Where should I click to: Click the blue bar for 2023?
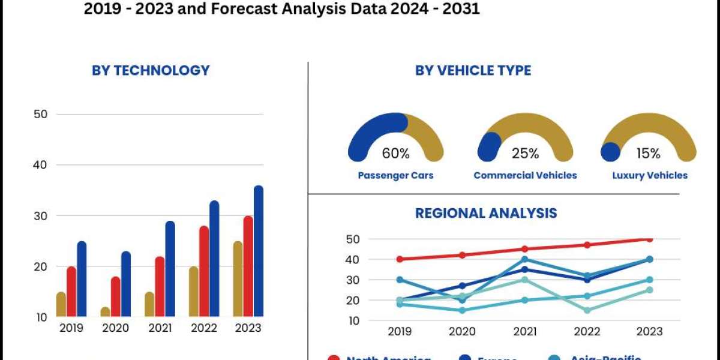(x=258, y=252)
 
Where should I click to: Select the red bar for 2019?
(x=71, y=292)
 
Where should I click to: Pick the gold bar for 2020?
(x=105, y=312)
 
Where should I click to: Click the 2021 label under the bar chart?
(x=160, y=328)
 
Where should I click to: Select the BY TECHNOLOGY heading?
(x=151, y=70)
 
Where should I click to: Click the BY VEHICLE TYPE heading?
(x=473, y=70)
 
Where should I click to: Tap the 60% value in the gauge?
(x=396, y=154)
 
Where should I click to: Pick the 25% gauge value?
(x=525, y=154)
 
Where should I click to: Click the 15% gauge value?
(x=648, y=154)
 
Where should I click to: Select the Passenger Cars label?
(x=395, y=175)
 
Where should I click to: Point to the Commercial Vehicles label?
(x=525, y=175)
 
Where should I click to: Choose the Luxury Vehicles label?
(x=650, y=175)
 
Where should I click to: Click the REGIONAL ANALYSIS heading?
(x=486, y=213)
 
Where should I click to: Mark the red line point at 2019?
(x=400, y=259)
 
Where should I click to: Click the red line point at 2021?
(x=525, y=249)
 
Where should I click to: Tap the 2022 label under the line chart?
(x=587, y=332)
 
